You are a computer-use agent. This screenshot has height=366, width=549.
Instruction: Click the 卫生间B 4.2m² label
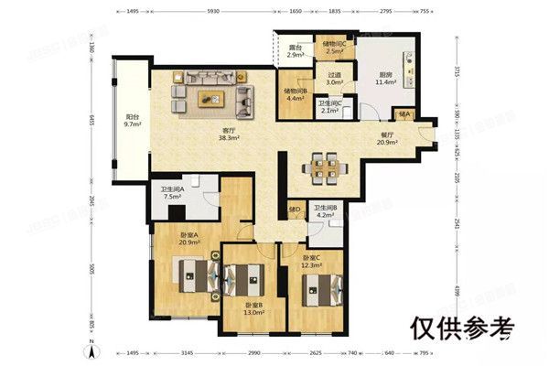327,212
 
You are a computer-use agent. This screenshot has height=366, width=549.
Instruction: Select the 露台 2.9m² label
295,52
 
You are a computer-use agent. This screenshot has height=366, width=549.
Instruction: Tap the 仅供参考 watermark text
462,327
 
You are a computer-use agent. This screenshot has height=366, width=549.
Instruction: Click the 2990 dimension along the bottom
254,351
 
